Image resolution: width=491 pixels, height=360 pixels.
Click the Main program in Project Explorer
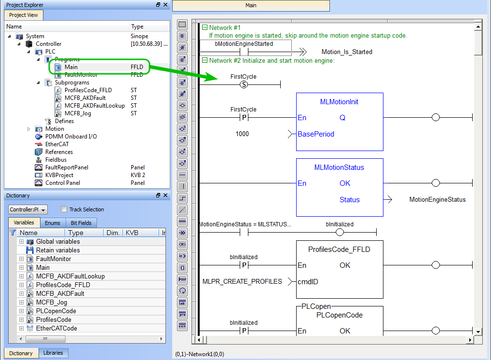coord(71,67)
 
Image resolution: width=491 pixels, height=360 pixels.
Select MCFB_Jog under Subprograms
coord(78,113)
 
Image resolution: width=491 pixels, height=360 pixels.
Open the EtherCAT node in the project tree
coord(57,144)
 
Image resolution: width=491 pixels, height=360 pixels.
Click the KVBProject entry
coord(59,175)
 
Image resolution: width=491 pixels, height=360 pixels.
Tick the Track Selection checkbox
coord(64,209)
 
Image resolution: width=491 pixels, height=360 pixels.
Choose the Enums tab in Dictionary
coord(52,223)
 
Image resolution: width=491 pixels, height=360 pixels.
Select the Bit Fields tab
coord(81,223)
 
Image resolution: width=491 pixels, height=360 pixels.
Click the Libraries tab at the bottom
coord(53,353)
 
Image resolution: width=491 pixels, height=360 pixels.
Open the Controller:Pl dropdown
coord(27,209)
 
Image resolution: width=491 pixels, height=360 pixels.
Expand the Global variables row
coord(21,242)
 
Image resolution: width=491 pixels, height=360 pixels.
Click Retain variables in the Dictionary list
coord(58,250)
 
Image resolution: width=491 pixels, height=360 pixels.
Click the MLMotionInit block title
coord(339,102)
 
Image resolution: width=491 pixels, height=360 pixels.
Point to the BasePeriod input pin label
coord(316,134)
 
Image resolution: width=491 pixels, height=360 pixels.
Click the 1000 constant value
coord(242,134)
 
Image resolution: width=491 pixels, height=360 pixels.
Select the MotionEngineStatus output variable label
coord(437,200)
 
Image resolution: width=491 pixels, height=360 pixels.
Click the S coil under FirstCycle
coord(244,84)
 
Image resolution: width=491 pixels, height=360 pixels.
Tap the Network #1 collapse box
coord(205,28)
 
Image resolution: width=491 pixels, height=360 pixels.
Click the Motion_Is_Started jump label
coord(347,52)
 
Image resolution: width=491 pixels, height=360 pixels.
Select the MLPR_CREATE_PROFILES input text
coord(242,281)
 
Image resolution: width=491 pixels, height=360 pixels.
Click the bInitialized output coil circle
coord(340,232)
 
